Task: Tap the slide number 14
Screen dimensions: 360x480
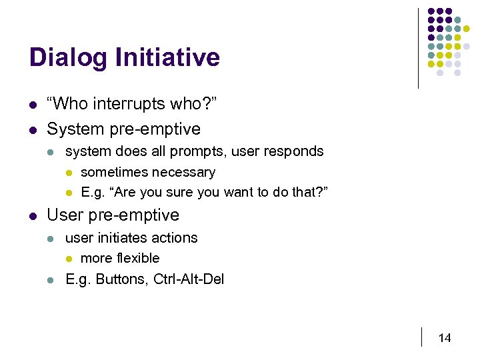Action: pos(445,338)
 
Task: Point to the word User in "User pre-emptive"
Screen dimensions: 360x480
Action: pos(65,215)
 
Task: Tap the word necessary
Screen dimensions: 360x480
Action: pos(185,173)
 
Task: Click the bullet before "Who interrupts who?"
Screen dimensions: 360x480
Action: pos(33,105)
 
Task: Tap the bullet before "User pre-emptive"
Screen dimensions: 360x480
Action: pos(33,216)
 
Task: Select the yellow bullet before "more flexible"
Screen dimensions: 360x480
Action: pos(69,259)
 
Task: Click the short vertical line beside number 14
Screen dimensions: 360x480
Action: pos(422,337)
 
